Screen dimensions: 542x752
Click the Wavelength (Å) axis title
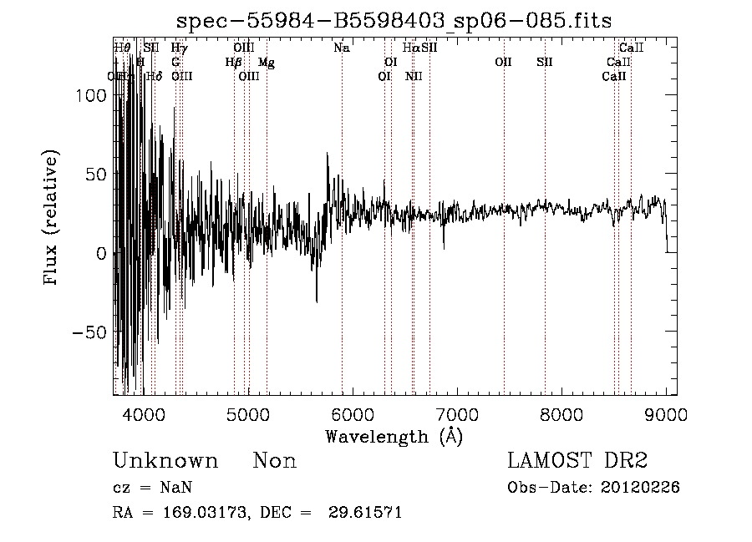click(x=394, y=436)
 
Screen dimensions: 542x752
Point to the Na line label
click(x=341, y=48)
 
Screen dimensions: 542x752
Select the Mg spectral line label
click(x=266, y=63)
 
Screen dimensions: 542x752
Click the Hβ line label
click(x=233, y=63)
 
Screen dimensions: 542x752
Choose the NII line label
click(x=414, y=77)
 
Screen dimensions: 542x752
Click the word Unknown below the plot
click(x=165, y=461)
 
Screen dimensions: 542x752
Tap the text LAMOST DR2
click(x=577, y=461)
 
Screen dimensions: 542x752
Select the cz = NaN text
click(x=155, y=488)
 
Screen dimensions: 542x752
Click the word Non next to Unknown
click(x=275, y=461)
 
